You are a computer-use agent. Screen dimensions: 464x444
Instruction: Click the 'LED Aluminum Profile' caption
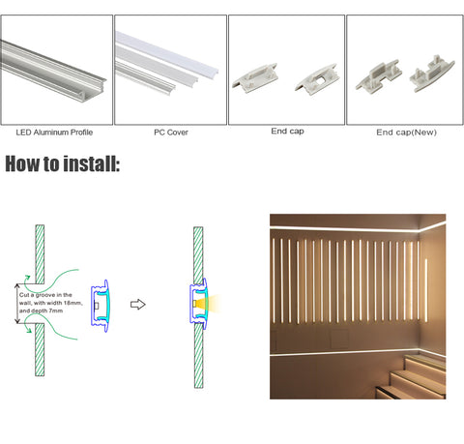pos(54,133)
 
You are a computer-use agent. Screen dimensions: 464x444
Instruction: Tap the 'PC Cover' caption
pos(171,133)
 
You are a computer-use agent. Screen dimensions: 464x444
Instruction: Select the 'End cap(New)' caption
pos(406,133)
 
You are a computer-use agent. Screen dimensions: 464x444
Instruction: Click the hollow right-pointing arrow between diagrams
pos(138,305)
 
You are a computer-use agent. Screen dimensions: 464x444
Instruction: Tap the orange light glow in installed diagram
pos(209,304)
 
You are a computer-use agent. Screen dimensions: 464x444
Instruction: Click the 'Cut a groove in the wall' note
pos(50,303)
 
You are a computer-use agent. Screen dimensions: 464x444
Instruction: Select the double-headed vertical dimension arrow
pos(17,304)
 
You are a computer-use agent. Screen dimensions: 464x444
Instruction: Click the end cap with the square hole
pos(317,79)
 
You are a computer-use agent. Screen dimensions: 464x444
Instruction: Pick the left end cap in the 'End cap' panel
pos(255,77)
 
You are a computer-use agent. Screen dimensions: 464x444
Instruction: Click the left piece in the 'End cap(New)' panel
pos(378,74)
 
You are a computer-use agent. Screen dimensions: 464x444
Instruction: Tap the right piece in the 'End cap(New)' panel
pos(431,74)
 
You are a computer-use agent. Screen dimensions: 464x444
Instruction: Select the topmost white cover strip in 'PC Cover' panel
pos(166,54)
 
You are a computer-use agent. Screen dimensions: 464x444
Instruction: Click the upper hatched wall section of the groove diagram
pos(40,254)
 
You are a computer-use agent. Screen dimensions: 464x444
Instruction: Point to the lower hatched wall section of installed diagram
pos(198,355)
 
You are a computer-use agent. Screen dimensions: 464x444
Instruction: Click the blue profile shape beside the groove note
pos(101,306)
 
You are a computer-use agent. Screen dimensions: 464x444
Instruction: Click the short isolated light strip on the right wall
pos(426,290)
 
